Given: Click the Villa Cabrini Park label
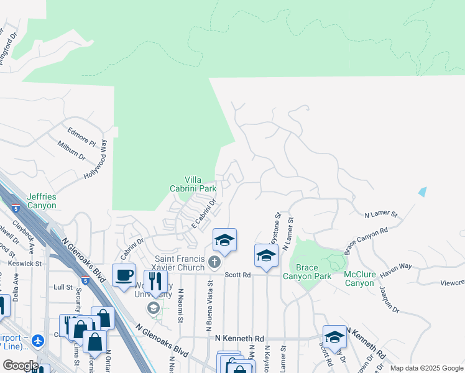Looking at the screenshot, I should [x=193, y=183].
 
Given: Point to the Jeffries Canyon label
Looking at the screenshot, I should [x=42, y=201].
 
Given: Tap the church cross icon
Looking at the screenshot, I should [x=215, y=261].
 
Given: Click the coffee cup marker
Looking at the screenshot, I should [x=124, y=274].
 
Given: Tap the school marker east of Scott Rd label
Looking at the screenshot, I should [x=266, y=256].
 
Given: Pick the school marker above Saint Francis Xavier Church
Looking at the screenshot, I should [x=224, y=240].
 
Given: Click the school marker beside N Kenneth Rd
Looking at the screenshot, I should [x=334, y=337].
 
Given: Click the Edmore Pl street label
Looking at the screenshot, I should [x=81, y=135].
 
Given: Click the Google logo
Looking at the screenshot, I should [x=20, y=366].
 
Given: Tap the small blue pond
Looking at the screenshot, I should [x=423, y=191].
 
